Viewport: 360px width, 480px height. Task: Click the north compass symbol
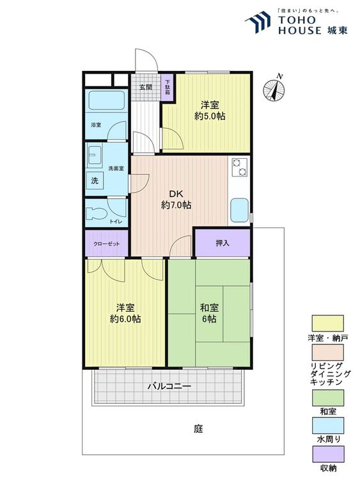[274, 90]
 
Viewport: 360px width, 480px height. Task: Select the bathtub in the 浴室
[106, 100]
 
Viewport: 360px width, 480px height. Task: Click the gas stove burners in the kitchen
[239, 168]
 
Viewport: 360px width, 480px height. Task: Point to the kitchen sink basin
[239, 211]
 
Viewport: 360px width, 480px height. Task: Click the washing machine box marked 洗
[95, 180]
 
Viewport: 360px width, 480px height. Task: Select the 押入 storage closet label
[223, 243]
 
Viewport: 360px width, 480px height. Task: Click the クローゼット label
[106, 244]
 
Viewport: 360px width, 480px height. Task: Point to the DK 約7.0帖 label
[176, 200]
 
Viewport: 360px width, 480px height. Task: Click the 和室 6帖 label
[209, 313]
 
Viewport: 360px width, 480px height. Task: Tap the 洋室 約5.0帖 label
[210, 111]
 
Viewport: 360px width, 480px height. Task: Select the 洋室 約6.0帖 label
[125, 313]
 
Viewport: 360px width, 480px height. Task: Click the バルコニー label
[169, 387]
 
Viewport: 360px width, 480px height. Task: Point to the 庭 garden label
[198, 429]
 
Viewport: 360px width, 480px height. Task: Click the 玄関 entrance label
[146, 87]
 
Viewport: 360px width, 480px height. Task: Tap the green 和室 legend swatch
[327, 398]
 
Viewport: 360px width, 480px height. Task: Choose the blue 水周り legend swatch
[327, 426]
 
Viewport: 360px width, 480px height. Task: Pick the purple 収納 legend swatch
[327, 454]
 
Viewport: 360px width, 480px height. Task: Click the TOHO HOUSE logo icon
[258, 22]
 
